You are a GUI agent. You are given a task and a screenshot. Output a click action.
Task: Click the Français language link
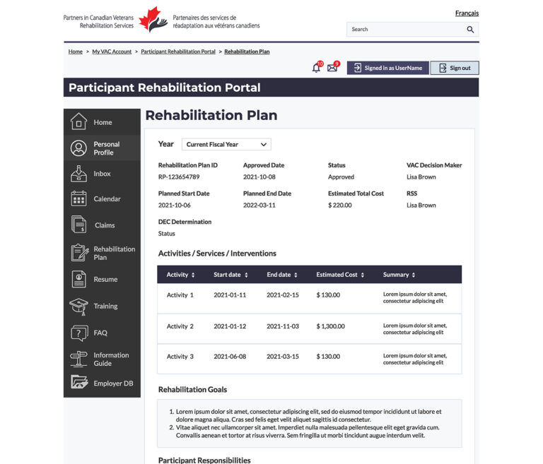tap(467, 13)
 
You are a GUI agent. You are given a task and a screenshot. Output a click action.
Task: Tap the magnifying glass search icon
tap(470, 30)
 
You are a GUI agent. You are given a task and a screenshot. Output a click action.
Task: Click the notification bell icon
tap(316, 68)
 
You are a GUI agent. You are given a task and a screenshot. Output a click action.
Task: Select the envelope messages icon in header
tap(332, 68)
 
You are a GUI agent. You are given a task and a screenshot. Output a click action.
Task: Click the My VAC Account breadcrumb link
tap(112, 52)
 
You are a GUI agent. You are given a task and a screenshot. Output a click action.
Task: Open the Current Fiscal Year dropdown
tap(226, 144)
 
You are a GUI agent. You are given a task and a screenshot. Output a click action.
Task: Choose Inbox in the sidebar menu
tap(102, 174)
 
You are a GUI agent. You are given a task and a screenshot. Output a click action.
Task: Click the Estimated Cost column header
tap(340, 275)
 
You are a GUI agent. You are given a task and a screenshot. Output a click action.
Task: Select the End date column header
tap(282, 275)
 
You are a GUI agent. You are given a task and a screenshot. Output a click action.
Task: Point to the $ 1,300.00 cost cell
tap(331, 326)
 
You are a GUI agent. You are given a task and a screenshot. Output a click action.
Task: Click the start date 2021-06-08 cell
tap(230, 357)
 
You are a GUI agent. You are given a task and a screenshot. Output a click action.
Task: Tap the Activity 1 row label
tap(180, 295)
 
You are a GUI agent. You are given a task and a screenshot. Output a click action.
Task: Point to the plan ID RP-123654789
tap(179, 177)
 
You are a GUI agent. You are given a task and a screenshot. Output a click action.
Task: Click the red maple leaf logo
tap(153, 20)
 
